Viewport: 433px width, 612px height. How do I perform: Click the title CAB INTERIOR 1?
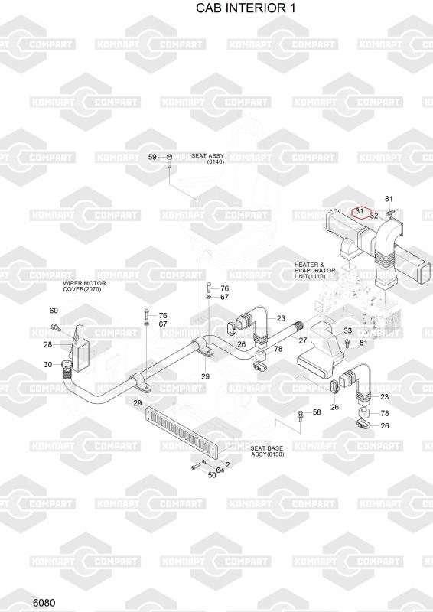(246, 8)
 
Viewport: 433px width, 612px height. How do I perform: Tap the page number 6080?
(44, 602)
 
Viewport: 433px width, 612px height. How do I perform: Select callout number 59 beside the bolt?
(152, 157)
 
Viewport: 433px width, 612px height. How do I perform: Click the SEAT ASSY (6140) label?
(208, 158)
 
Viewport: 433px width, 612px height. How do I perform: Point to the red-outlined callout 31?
(360, 211)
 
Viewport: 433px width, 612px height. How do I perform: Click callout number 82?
(374, 216)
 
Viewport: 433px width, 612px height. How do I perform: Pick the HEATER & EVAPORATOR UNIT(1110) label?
(314, 271)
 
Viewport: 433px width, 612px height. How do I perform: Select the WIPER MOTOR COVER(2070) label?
(84, 286)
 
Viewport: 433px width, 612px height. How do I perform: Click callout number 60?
(54, 311)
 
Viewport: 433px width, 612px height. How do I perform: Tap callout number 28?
(47, 345)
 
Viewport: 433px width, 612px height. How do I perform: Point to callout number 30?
(47, 365)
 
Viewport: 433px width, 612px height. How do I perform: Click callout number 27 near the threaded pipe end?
(303, 340)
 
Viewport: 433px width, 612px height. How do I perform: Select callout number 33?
(347, 330)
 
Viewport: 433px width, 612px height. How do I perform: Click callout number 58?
(317, 412)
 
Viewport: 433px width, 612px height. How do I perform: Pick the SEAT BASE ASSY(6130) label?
(267, 451)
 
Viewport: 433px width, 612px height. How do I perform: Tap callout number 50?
(212, 475)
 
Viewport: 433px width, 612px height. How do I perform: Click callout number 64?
(220, 470)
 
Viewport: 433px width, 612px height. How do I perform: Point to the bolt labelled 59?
(169, 161)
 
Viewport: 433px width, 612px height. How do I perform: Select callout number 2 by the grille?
(228, 464)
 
